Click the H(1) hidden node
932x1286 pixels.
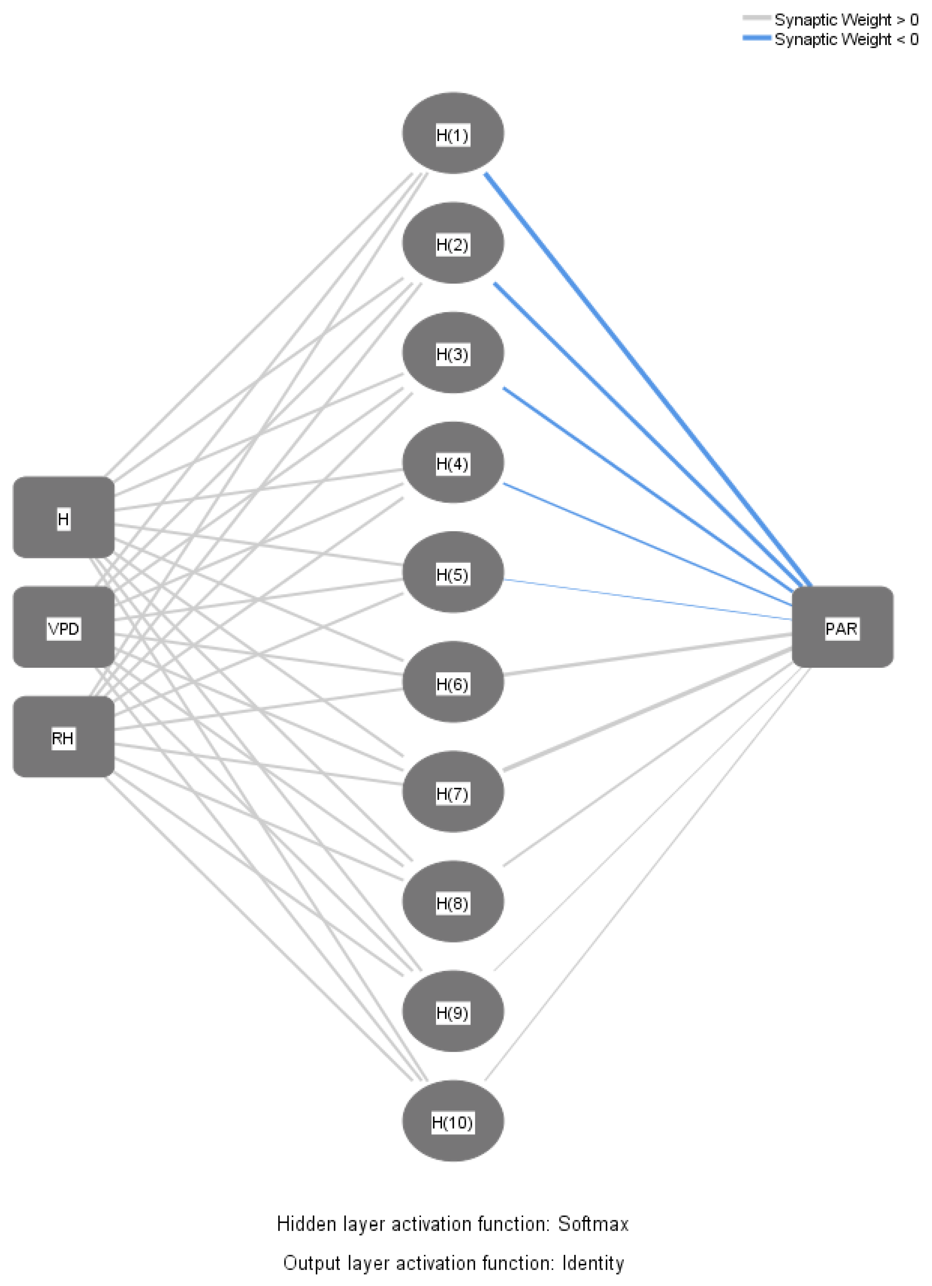point(453,133)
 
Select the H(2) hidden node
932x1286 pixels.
point(453,243)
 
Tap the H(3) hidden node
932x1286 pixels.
point(453,353)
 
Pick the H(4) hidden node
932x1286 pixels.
point(453,463)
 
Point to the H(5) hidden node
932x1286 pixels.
point(453,573)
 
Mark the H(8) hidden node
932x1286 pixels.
point(453,902)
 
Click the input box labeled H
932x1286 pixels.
point(63,518)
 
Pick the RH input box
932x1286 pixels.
point(63,737)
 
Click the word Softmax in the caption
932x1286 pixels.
point(593,1224)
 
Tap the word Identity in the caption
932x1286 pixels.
point(593,1263)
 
